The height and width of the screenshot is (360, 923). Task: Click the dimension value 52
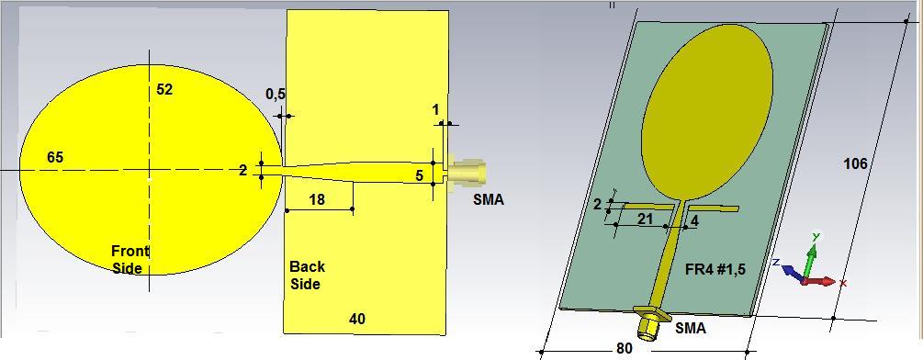tap(164, 90)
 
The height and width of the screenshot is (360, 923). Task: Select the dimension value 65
tap(55, 158)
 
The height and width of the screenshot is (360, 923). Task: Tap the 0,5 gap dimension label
tap(275, 95)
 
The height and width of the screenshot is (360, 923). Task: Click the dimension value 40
tap(357, 319)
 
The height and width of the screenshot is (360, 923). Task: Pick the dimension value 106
tap(855, 164)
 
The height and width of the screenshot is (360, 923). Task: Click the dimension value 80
tap(625, 349)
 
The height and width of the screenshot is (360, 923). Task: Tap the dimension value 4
tap(694, 220)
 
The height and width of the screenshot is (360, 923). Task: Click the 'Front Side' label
tap(129, 259)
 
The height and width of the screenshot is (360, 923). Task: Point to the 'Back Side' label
tap(307, 276)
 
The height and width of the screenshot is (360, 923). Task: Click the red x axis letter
tap(843, 284)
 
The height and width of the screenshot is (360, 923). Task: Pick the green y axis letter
tap(815, 237)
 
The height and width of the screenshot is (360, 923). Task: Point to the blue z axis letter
tap(777, 263)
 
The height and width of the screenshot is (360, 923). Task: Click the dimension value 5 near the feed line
tap(420, 175)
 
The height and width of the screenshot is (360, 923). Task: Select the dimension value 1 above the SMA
tap(435, 110)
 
